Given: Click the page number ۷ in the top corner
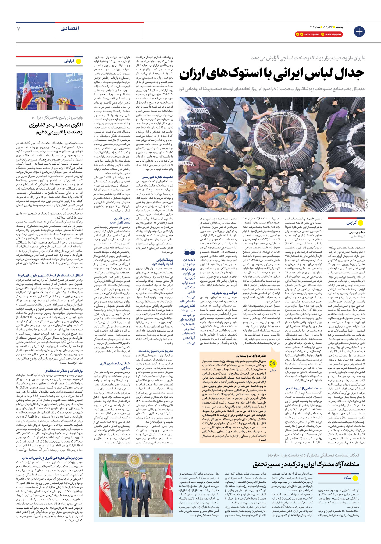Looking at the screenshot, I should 19,29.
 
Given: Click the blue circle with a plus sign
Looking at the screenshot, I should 359,31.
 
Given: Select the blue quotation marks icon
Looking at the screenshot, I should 190,252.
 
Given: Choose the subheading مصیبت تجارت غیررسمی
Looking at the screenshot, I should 157,177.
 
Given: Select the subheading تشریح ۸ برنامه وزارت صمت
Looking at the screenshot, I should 155,351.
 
